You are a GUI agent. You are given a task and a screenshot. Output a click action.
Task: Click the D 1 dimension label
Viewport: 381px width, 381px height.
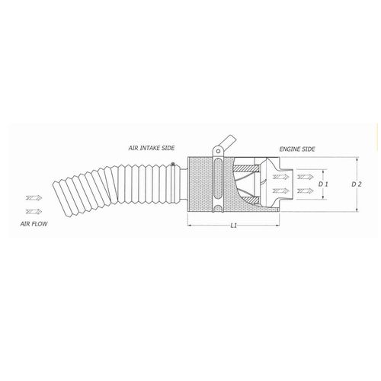pos(323,184)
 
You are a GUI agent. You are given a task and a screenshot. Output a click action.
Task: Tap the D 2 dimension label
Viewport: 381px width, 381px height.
pos(356,184)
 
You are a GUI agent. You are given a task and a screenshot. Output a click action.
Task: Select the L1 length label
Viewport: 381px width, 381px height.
pos(233,226)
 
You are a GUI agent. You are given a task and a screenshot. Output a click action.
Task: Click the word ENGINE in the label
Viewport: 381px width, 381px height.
pos(288,149)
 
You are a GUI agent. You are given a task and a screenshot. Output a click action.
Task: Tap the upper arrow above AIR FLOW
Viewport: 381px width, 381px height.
pos(34,197)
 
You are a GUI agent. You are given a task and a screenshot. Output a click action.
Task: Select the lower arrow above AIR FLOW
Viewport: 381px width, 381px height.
pos(34,211)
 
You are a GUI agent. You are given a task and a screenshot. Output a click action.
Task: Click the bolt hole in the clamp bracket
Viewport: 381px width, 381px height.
pos(218,151)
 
